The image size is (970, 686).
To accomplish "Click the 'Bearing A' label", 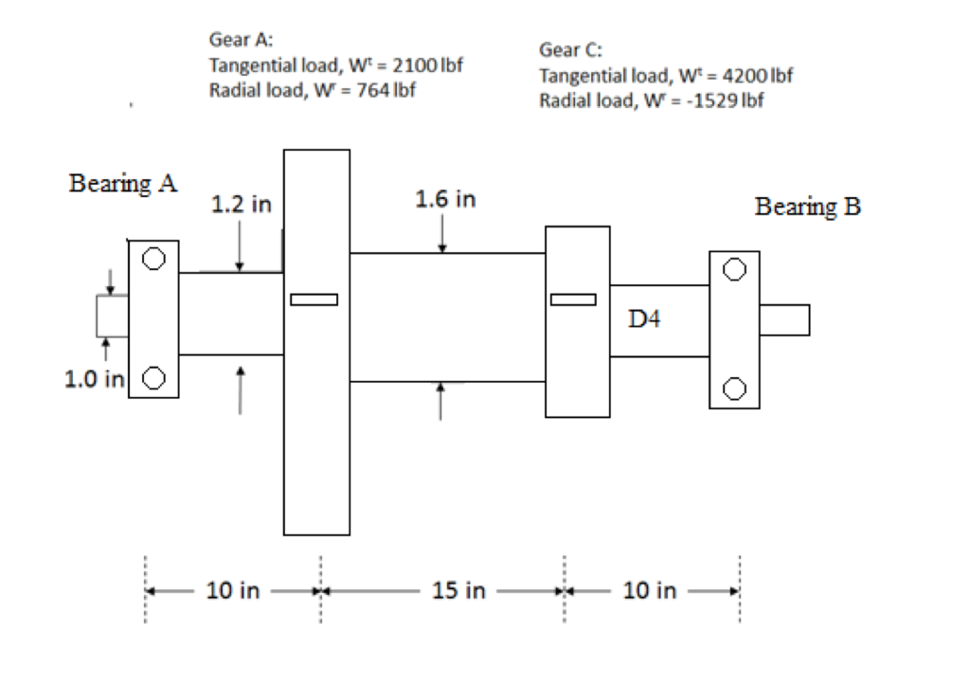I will (123, 183).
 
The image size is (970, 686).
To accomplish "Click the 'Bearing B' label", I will (808, 207).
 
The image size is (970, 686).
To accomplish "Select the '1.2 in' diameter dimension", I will (241, 204).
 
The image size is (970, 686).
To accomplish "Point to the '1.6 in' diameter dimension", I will (445, 200).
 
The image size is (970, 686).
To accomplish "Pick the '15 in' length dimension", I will (458, 591).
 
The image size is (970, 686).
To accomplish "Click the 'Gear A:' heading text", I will (241, 41).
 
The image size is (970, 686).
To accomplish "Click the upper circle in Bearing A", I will (153, 257).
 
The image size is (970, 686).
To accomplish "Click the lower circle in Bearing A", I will (153, 379).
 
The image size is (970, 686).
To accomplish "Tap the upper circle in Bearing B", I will (734, 268).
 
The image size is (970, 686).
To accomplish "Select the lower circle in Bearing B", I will (734, 388).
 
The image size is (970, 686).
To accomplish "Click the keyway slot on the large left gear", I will (314, 300).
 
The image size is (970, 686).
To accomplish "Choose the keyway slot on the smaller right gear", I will (574, 299).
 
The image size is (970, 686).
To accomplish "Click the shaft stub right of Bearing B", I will (784, 319).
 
